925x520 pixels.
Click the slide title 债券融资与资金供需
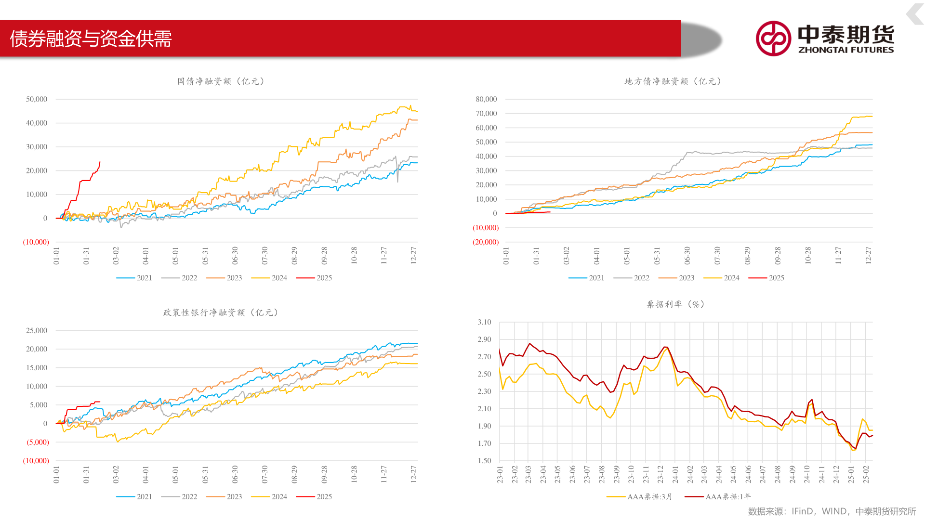tap(91, 39)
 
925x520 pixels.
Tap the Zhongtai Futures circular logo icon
tap(773, 39)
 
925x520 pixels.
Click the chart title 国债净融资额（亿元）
tap(221, 81)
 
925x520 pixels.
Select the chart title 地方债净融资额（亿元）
tap(673, 81)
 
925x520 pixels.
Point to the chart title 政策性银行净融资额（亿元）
tap(221, 312)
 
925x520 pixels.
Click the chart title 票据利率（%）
tap(675, 304)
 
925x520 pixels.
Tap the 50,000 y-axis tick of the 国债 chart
tap(37, 99)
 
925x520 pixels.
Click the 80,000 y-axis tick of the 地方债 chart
tap(486, 99)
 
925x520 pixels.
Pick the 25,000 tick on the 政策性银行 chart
tap(37, 330)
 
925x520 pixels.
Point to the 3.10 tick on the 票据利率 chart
tap(484, 322)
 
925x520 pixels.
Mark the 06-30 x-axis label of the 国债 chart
tap(235, 256)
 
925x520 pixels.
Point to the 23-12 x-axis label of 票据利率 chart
tap(661, 474)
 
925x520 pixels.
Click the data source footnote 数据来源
tap(832, 511)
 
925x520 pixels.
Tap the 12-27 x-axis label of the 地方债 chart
tap(868, 256)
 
